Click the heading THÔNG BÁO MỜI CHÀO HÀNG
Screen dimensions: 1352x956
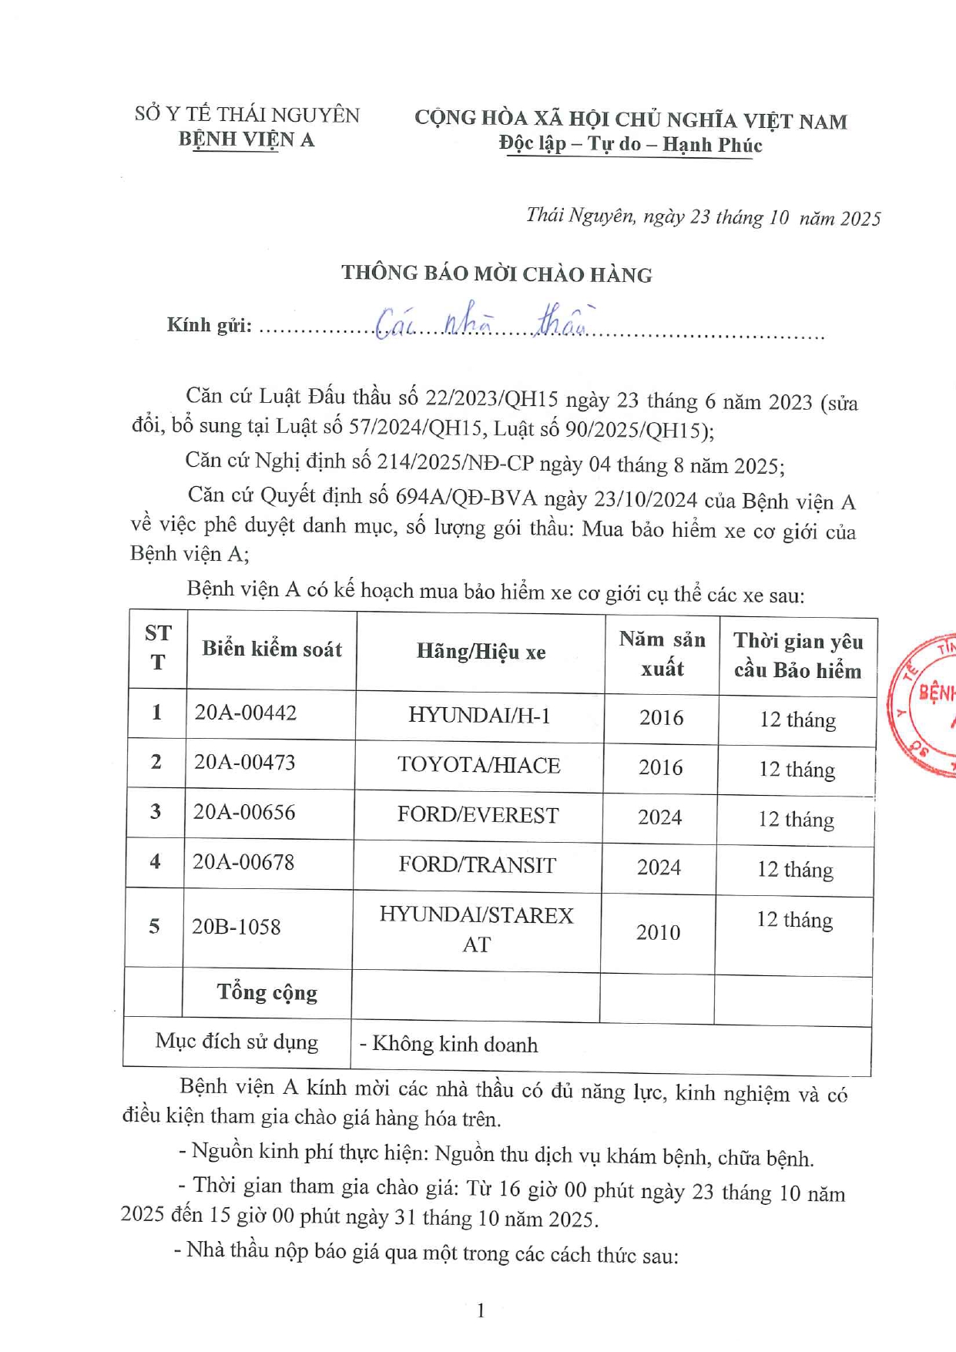point(497,274)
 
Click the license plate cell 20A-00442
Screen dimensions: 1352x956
point(245,713)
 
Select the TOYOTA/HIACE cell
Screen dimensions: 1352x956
point(478,765)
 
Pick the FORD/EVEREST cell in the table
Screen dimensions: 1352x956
point(478,815)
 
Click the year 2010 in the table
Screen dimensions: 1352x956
point(658,932)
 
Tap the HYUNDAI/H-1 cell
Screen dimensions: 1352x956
point(479,716)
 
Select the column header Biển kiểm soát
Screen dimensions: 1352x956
point(272,649)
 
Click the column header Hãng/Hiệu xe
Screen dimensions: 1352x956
point(481,652)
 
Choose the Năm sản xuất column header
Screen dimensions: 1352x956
point(662,653)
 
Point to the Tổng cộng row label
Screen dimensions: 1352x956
point(267,992)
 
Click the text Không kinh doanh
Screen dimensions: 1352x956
point(455,1045)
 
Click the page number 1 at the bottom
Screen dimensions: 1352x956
point(481,1310)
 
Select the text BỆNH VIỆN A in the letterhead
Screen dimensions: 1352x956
point(247,139)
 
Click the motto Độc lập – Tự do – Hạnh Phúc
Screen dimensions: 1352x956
point(630,145)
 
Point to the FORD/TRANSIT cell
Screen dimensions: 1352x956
point(477,865)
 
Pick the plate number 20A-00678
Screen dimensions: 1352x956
point(243,862)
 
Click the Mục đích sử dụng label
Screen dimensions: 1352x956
point(236,1042)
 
